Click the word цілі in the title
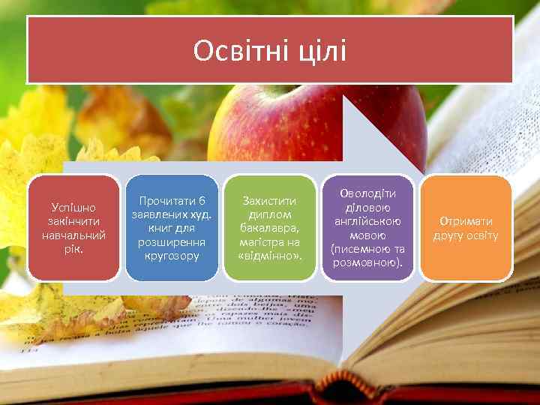(x=321, y=51)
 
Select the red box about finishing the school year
(x=73, y=228)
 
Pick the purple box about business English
(x=367, y=228)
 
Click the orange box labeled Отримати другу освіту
(x=465, y=228)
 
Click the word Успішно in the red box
(x=73, y=207)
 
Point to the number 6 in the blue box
(x=202, y=201)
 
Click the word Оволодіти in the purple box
(x=367, y=193)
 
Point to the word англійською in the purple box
(x=367, y=221)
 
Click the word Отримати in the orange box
(x=466, y=221)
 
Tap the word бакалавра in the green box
(x=270, y=228)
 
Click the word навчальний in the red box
(x=73, y=235)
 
